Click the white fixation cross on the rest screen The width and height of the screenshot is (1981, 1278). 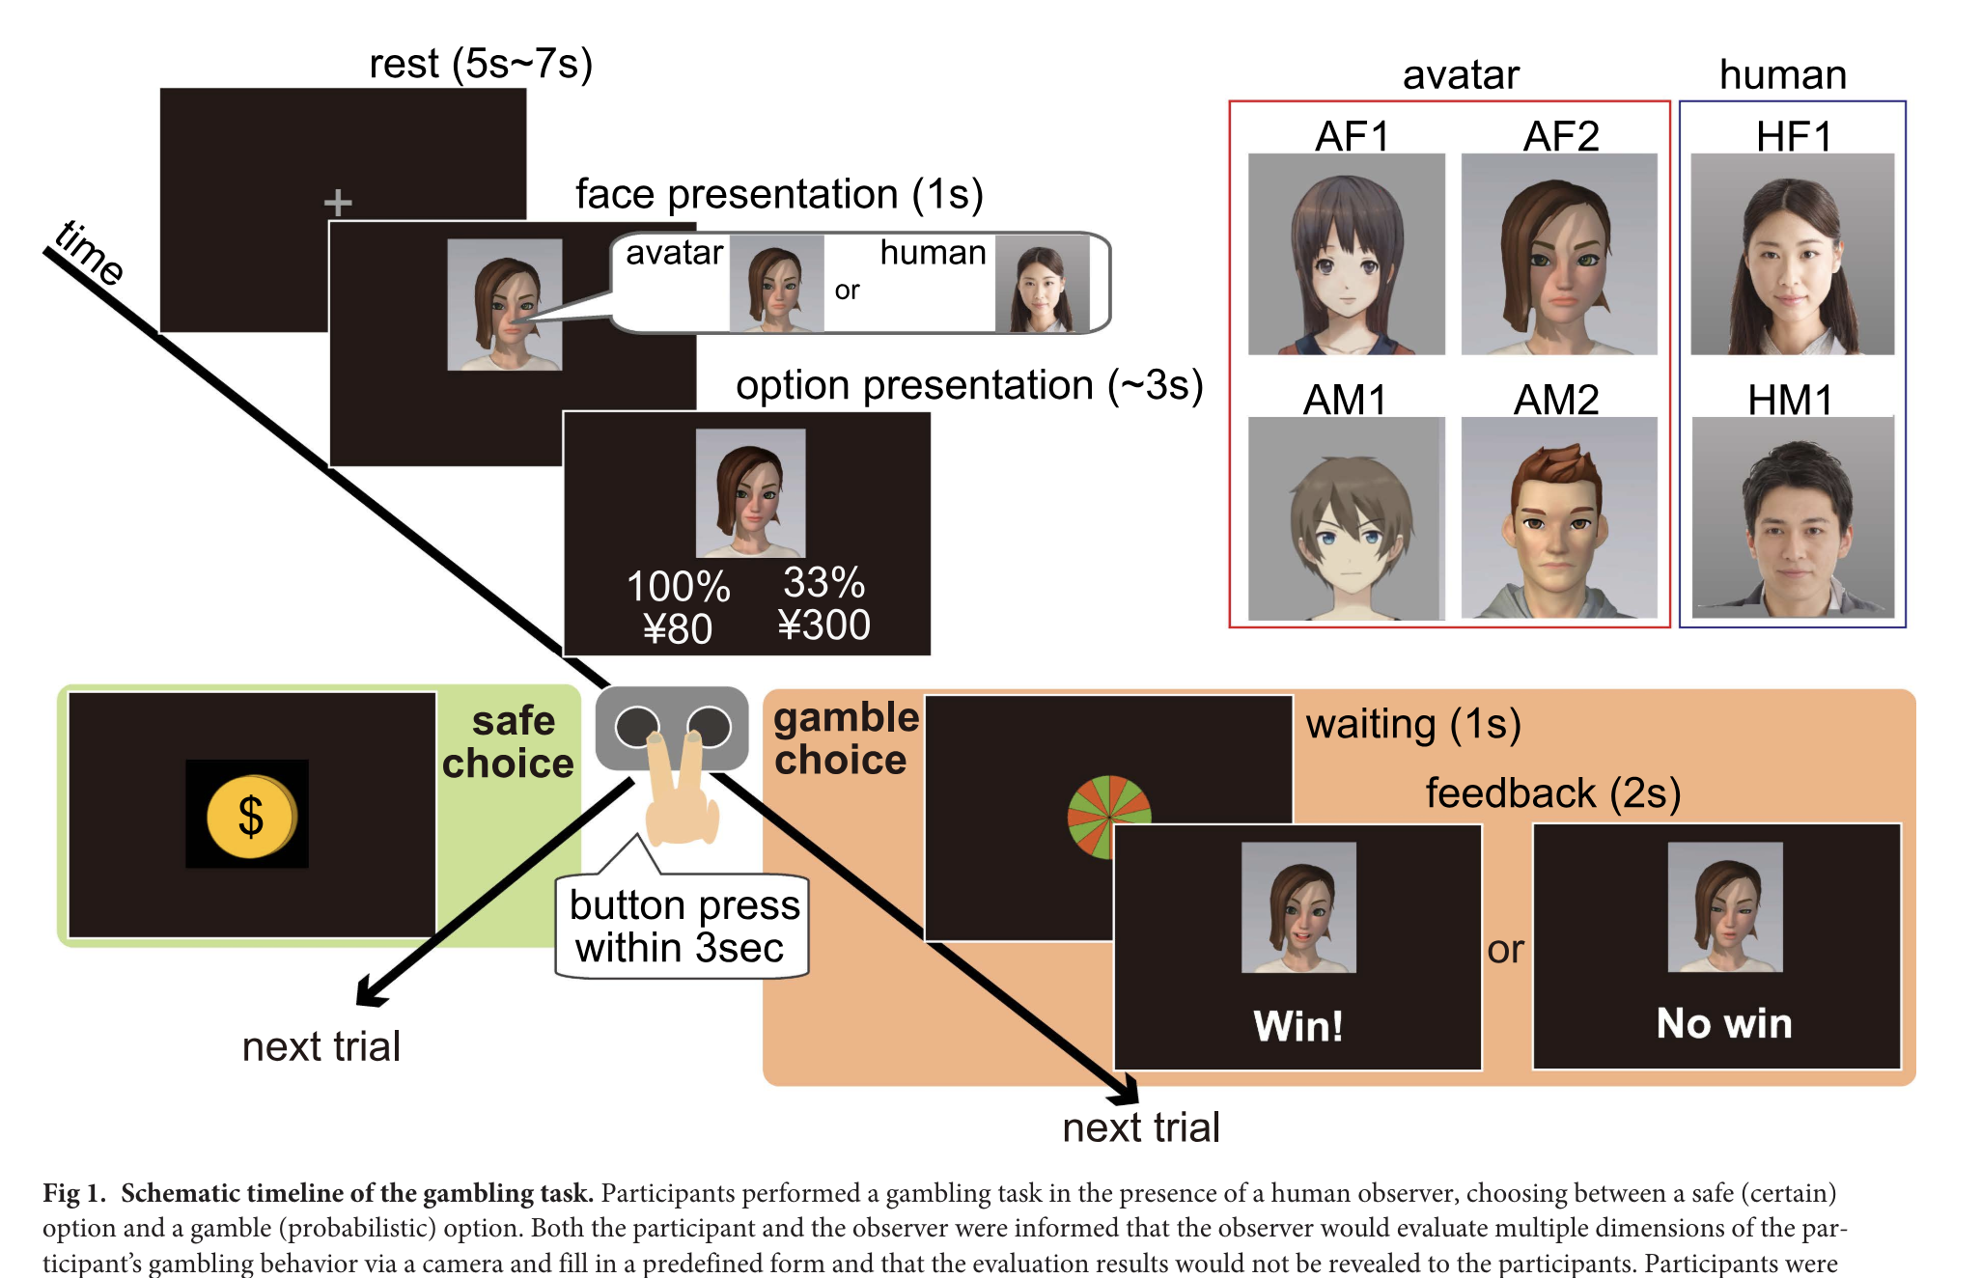(x=338, y=203)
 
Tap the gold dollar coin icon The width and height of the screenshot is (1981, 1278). (x=250, y=816)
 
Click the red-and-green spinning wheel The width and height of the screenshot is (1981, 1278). (x=1109, y=816)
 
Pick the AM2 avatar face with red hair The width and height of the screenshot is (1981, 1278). (x=1558, y=517)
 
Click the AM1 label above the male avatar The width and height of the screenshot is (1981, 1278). (x=1344, y=400)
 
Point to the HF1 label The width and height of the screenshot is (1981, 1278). (x=1793, y=136)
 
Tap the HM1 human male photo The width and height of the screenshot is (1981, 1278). (x=1793, y=517)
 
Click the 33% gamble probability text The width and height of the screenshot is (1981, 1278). (x=823, y=582)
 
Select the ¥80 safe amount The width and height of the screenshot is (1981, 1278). (x=678, y=629)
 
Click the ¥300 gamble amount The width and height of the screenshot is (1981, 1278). (x=823, y=625)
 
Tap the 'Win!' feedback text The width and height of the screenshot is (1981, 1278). (x=1297, y=1025)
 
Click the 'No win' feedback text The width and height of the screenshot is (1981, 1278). (x=1723, y=1023)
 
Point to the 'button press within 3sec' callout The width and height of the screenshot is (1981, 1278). (x=683, y=927)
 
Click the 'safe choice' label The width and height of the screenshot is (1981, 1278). (x=509, y=741)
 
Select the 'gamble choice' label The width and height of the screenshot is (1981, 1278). (x=845, y=738)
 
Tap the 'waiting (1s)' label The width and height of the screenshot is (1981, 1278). (x=1412, y=724)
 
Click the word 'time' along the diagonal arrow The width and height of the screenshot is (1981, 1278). (x=89, y=253)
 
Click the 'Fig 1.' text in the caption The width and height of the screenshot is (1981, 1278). (x=73, y=1193)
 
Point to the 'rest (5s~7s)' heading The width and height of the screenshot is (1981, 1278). (x=480, y=64)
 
